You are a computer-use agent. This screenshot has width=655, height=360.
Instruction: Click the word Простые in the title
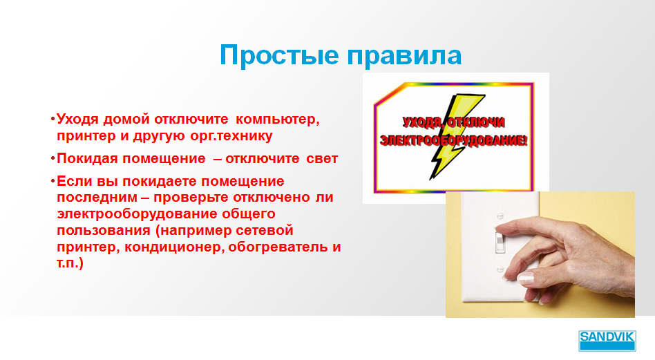[279, 55]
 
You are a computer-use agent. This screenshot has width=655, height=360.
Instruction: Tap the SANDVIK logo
[607, 341]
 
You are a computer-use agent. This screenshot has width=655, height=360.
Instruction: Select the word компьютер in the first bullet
[277, 120]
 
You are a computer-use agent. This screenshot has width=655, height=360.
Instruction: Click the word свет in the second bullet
[322, 159]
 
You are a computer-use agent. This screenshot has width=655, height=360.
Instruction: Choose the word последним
[97, 198]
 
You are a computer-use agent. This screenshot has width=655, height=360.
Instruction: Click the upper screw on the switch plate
[500, 216]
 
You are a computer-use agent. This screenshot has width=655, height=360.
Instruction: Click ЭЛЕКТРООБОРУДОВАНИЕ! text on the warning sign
[454, 140]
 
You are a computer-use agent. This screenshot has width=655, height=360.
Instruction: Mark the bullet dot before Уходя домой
[53, 120]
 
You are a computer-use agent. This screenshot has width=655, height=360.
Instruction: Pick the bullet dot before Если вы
[53, 181]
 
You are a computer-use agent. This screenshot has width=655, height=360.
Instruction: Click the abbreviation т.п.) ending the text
[70, 263]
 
